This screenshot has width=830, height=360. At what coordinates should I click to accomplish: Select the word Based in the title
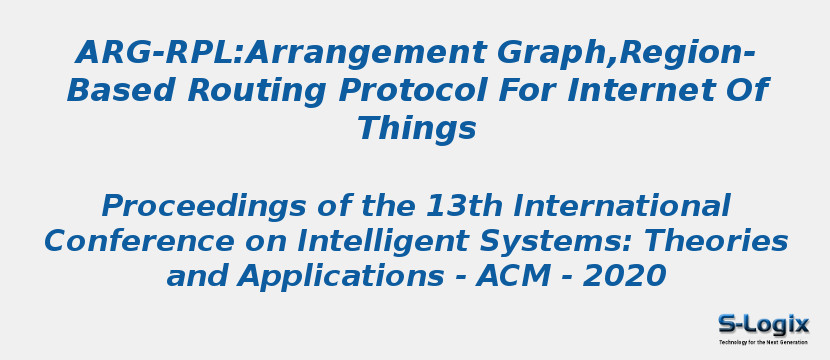[121, 91]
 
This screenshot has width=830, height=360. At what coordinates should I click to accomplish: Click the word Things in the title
[416, 129]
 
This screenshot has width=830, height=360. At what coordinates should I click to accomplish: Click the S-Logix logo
[764, 324]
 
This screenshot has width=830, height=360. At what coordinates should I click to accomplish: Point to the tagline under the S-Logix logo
[764, 342]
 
